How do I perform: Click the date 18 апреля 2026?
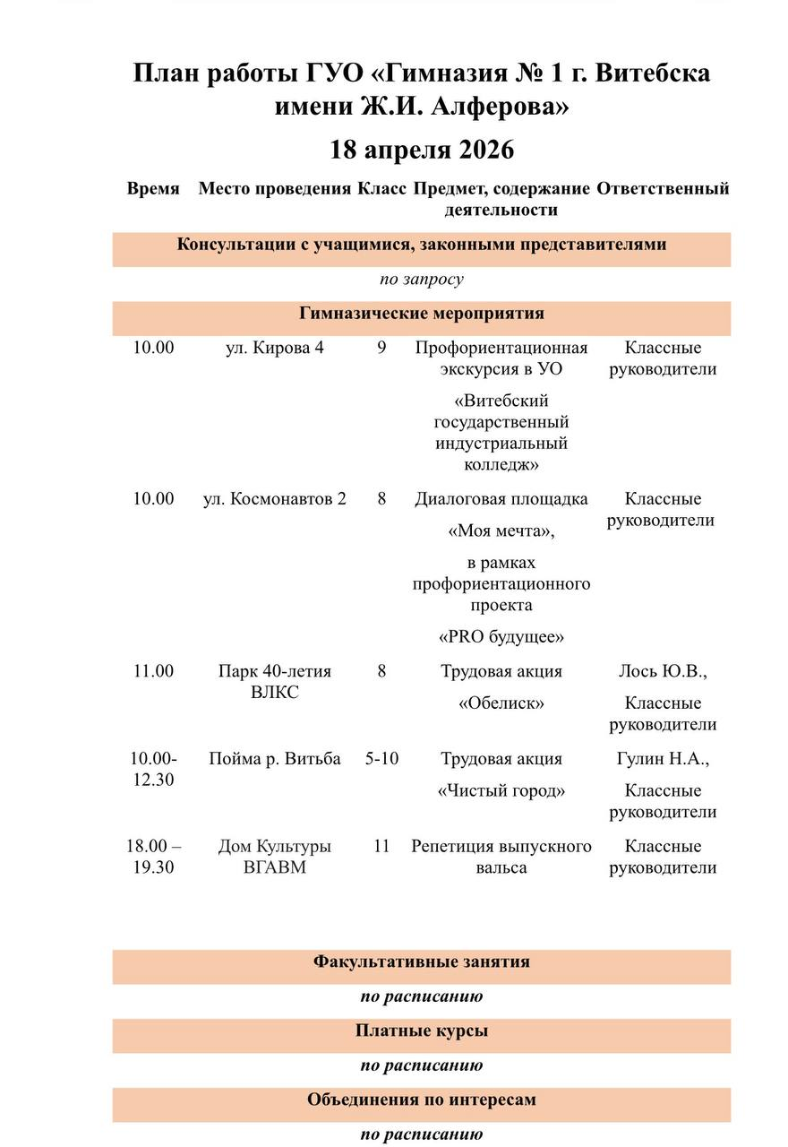[422, 149]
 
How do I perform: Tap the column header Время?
[153, 189]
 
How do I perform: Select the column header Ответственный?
[663, 189]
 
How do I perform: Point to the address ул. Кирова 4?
[274, 348]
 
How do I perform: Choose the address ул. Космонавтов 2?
[274, 499]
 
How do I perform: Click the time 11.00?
[153, 671]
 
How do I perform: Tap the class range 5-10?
[381, 759]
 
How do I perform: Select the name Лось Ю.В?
[663, 671]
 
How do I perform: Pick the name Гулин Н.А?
[663, 759]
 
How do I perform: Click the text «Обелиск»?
[501, 703]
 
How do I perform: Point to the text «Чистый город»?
[501, 791]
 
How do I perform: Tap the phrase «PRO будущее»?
[501, 637]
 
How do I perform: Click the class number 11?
[381, 846]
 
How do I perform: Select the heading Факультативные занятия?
[422, 962]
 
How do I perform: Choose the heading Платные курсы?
[422, 1031]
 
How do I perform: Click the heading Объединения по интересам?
[422, 1100]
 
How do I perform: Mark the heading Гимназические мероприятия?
[422, 314]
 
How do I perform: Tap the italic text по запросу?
[422, 280]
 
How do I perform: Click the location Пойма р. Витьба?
[274, 759]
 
